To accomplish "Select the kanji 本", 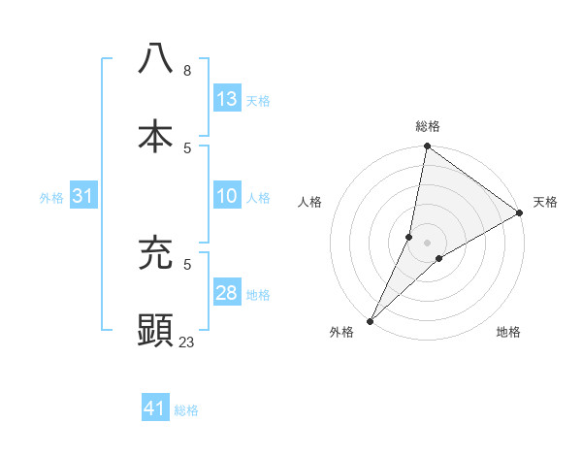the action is tap(155, 136).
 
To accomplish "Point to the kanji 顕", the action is tap(155, 330).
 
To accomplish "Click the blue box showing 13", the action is tap(227, 99).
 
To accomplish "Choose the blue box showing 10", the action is tap(227, 197).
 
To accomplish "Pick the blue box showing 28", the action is tap(227, 294).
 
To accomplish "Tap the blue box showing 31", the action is tap(83, 197).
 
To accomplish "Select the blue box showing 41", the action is tap(155, 408).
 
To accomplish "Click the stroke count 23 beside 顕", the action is tap(187, 342).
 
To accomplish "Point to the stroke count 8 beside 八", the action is tap(187, 71).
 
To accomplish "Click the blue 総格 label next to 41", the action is tap(187, 410).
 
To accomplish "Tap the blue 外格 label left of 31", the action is tap(51, 198).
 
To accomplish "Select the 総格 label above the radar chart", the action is tap(428, 126).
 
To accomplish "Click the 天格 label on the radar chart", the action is tap(545, 202).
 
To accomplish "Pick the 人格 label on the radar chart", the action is tap(310, 202).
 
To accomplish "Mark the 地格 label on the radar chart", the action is tap(508, 332).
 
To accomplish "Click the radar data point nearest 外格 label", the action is tap(371, 320).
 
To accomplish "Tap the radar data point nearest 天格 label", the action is tap(520, 213).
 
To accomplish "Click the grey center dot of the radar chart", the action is tap(428, 243).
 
